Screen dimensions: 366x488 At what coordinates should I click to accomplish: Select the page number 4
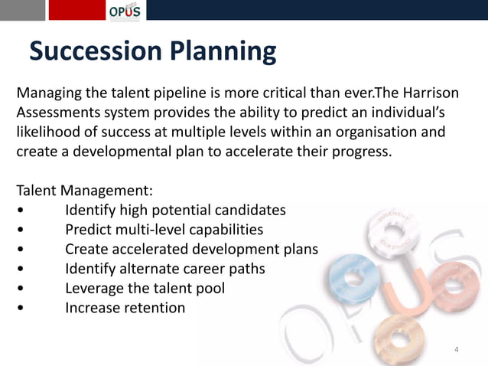[457, 350]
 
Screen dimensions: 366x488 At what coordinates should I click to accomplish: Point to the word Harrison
[428, 93]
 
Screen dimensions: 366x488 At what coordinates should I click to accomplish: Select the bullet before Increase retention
[28, 309]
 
